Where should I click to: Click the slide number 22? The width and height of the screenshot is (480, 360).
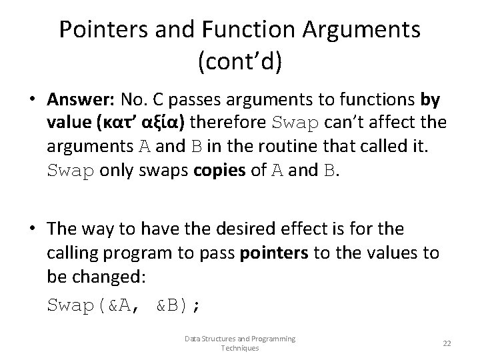pyautogui.click(x=447, y=343)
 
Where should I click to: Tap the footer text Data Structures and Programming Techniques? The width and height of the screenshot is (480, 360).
pyautogui.click(x=239, y=343)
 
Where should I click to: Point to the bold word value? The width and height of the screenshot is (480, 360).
pyautogui.click(x=69, y=123)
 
